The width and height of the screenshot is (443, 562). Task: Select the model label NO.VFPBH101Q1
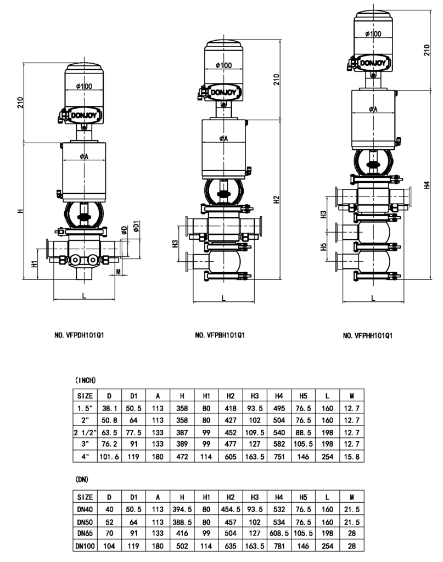point(220,335)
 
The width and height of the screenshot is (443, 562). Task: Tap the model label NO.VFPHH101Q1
point(367,335)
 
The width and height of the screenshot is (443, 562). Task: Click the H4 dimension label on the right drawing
point(427,186)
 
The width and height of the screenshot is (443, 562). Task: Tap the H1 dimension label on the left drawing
point(34,263)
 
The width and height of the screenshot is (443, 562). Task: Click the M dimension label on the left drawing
point(119,272)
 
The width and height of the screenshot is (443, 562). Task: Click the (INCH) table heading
point(85,380)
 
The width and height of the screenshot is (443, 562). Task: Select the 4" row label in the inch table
point(85,456)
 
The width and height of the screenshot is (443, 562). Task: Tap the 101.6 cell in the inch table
point(109,456)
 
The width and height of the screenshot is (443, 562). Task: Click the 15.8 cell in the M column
point(352,456)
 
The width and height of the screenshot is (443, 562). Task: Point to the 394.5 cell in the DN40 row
point(181,510)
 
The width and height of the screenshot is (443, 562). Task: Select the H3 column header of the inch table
point(255,396)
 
